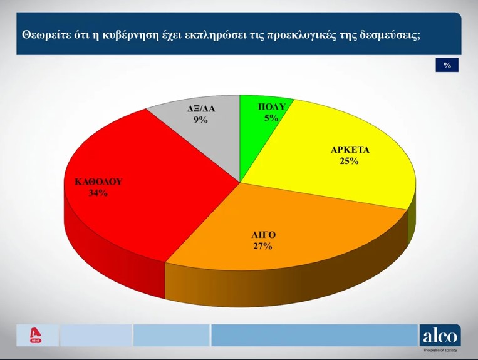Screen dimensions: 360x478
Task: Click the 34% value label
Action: tap(98, 193)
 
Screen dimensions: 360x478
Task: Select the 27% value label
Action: tap(262, 246)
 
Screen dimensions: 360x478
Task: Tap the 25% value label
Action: tap(350, 162)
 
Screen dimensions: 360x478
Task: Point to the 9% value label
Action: tap(200, 119)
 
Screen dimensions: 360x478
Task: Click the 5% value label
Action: tap(271, 117)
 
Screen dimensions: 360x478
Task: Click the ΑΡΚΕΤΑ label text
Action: tap(350, 150)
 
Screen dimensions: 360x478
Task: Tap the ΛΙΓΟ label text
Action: tap(262, 235)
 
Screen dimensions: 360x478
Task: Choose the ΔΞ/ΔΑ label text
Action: tap(201, 108)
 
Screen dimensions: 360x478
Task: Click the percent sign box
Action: tap(447, 65)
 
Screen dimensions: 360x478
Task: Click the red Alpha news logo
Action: tap(36, 336)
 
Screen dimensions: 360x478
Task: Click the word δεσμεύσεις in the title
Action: tap(389, 35)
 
